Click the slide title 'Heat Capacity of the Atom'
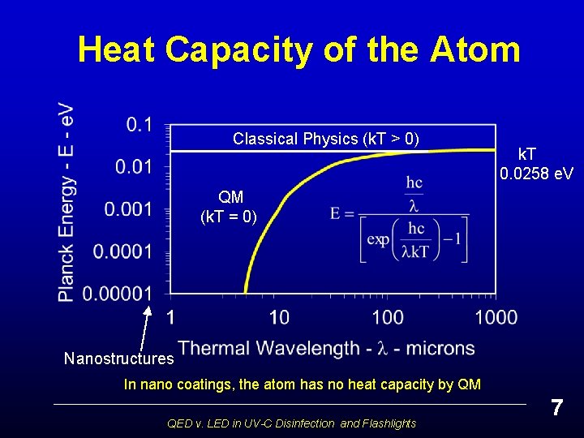pos(298,49)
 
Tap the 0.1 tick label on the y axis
pos(139,125)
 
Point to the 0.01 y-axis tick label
pos(133,167)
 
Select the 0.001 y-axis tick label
pos(128,209)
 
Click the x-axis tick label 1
pos(170,316)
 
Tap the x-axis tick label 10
pos(278,316)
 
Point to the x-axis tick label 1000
pos(495,316)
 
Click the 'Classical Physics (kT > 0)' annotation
pos(326,139)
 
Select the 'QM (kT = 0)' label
pos(230,207)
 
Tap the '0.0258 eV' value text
pos(536,174)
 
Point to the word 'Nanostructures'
pos(119,359)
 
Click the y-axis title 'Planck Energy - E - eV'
pos(67,203)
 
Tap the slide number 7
pos(556,408)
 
